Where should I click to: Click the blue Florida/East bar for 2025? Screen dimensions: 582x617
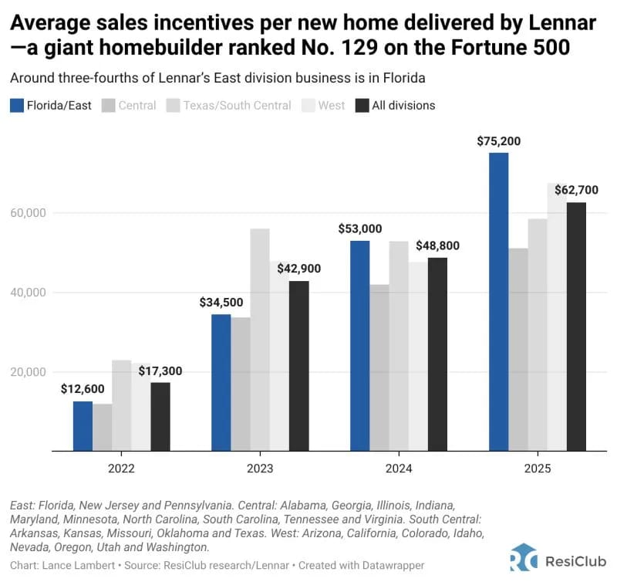click(499, 301)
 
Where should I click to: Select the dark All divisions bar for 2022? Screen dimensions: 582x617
click(160, 416)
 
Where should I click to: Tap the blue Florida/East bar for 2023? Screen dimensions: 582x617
click(221, 382)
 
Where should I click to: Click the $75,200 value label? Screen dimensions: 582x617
click(499, 142)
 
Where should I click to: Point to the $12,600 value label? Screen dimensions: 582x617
click(83, 390)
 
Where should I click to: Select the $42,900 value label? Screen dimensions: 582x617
click(298, 269)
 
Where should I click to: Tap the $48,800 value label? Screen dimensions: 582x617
click(437, 245)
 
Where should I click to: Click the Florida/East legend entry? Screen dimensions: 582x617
click(51, 105)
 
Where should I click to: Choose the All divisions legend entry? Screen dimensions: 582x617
click(395, 105)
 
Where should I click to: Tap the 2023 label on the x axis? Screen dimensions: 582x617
click(260, 468)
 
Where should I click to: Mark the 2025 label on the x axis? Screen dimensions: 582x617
click(538, 468)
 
